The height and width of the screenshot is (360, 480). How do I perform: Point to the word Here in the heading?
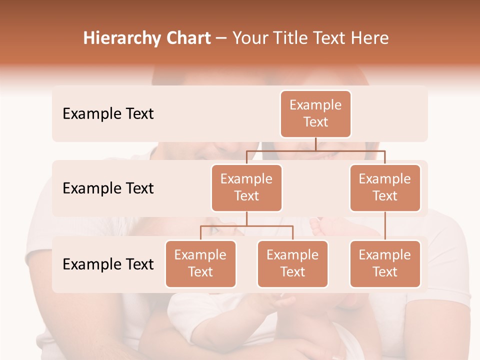(370, 38)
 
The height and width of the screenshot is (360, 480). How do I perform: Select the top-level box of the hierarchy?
(315, 113)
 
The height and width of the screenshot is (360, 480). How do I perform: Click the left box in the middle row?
(246, 187)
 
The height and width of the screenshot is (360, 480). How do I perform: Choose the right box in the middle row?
(385, 187)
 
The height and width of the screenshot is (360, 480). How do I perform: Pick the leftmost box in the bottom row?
(200, 263)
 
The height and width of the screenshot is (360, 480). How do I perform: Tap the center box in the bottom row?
(292, 263)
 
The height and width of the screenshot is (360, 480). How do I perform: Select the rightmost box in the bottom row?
(385, 263)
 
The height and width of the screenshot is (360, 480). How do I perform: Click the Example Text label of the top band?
(108, 113)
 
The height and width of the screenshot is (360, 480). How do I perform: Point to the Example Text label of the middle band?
(108, 188)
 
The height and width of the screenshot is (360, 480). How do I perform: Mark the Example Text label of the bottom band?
(108, 264)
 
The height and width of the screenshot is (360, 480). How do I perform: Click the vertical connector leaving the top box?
(315, 144)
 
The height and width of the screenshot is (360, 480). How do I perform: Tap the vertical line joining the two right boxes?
(385, 226)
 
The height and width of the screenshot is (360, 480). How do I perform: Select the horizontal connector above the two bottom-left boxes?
(246, 226)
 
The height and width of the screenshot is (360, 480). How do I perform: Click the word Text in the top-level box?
(315, 122)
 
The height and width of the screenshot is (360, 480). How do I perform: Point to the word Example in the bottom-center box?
(292, 255)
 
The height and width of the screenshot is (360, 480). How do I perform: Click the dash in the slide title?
(221, 38)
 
